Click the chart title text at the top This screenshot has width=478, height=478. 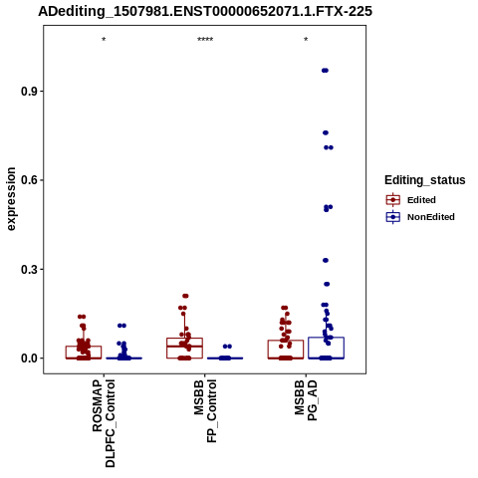[205, 11]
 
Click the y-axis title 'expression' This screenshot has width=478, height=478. [11, 199]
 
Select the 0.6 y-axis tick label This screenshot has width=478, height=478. [29, 180]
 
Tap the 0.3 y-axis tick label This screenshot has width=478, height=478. [29, 269]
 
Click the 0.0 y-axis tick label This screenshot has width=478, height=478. [29, 358]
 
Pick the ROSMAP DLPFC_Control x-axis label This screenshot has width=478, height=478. [104, 423]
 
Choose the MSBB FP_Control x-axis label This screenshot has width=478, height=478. [205, 411]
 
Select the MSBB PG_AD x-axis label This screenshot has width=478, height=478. [306, 400]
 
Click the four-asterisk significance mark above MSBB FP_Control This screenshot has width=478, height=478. [205, 40]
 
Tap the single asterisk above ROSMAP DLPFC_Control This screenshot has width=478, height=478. [104, 40]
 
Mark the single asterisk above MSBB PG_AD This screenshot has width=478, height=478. [306, 40]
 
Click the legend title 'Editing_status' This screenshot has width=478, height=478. [425, 180]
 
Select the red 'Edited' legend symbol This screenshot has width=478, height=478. [393, 200]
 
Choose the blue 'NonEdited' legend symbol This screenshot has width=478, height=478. [393, 217]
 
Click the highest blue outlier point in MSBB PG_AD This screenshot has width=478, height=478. [325, 71]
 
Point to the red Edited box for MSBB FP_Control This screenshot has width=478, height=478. [185, 348]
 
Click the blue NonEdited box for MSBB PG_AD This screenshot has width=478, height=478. [326, 348]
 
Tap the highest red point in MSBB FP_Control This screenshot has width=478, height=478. [185, 296]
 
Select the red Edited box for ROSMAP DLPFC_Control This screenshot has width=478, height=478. [84, 353]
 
